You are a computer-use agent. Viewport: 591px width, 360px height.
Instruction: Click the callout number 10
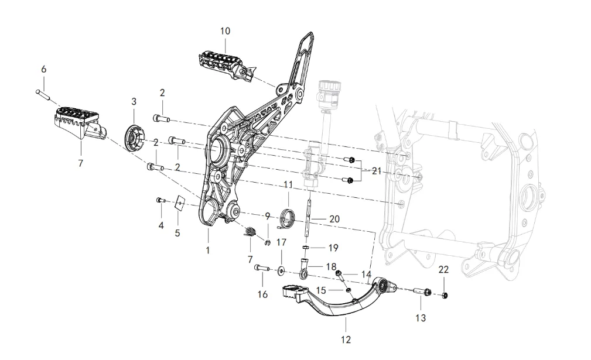tap(226, 30)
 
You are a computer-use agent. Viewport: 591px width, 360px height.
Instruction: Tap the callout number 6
tap(43, 69)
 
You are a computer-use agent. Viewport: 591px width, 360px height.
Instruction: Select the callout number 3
tap(134, 101)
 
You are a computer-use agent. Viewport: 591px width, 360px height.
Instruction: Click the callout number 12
tap(345, 340)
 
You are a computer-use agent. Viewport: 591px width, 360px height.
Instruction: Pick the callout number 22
tap(443, 269)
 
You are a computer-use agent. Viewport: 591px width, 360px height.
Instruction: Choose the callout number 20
tap(334, 218)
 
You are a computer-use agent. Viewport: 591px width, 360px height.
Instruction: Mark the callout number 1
tap(207, 250)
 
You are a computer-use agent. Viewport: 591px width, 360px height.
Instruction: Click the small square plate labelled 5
tap(180, 203)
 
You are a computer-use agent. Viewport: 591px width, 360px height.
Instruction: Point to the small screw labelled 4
tap(159, 200)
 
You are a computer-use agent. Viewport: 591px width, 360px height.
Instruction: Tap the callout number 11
tap(287, 184)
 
